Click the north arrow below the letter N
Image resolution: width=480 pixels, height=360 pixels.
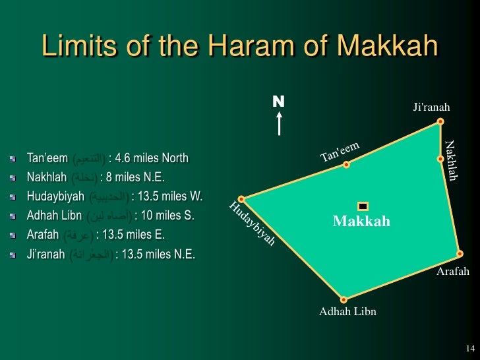280,123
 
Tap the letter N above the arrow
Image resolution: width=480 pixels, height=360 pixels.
278,102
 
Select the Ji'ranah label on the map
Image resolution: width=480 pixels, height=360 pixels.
432,107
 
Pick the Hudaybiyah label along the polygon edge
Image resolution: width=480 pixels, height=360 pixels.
252,225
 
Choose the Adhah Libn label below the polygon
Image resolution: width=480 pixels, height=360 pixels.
347,312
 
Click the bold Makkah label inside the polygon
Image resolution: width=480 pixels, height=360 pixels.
361,222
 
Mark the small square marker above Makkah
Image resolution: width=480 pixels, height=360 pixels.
362,206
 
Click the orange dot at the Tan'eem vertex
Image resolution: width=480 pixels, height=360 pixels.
346,165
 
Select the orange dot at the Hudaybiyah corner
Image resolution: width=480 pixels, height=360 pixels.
242,198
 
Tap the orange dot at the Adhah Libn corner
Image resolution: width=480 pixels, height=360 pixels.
343,299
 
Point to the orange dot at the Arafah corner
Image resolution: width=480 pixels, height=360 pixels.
459,253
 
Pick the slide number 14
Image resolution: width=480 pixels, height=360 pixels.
469,348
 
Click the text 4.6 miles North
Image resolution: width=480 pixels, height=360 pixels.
151,158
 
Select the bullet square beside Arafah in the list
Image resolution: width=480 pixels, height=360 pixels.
13,235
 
